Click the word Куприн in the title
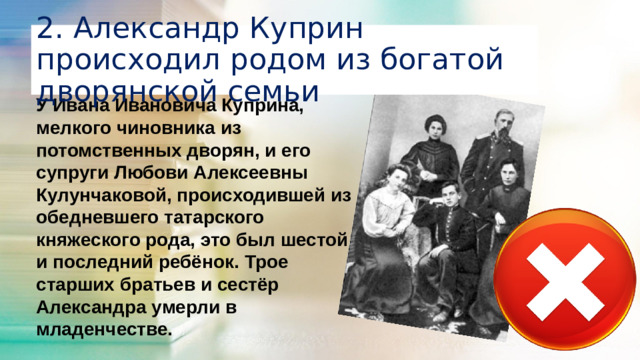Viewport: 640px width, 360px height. click(x=310, y=26)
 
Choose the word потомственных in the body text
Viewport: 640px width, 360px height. click(x=107, y=149)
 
